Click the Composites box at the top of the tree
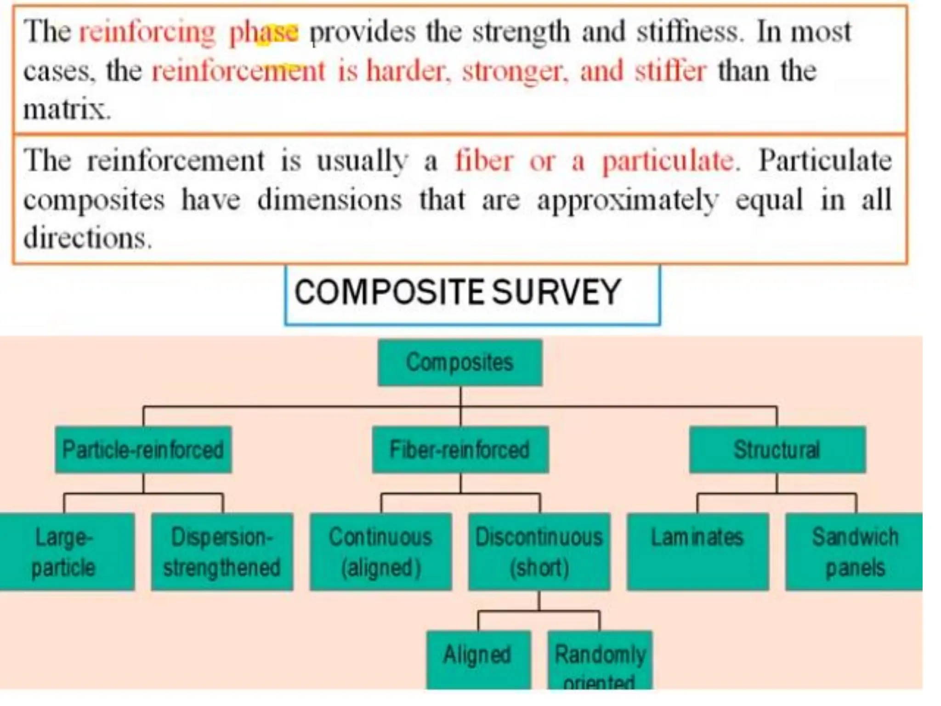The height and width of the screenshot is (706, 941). point(460,363)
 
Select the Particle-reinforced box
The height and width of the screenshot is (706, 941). point(143,450)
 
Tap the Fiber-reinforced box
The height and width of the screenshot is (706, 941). point(460,450)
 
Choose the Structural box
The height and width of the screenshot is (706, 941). point(777,450)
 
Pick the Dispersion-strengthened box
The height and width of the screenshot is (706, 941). point(222,552)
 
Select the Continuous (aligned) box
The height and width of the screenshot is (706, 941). point(380,552)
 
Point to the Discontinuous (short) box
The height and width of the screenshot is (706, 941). point(539,552)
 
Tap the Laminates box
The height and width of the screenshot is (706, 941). point(697,552)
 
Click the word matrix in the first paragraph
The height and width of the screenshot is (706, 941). point(67,110)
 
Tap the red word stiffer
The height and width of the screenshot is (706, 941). point(670,72)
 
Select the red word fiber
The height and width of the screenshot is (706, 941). point(484,161)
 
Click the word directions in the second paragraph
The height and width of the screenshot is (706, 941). point(87,239)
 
